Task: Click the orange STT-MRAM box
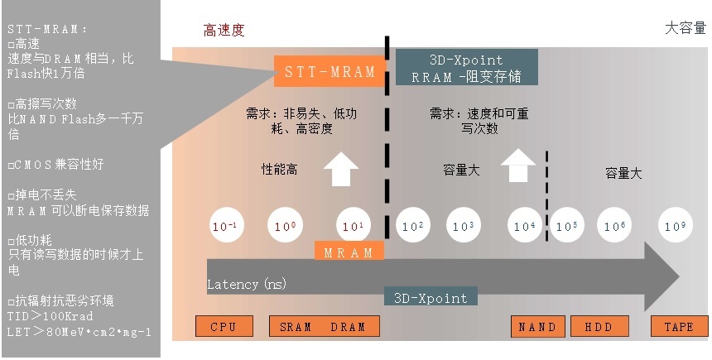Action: tap(330, 71)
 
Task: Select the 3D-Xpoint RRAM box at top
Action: tap(467, 67)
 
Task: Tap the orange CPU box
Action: tap(224, 326)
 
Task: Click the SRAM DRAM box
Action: tap(325, 326)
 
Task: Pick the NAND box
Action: tap(537, 326)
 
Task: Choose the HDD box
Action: tap(599, 326)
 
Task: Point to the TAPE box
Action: tap(680, 326)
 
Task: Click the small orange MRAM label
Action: tap(349, 252)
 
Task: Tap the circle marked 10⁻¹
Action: tap(227, 226)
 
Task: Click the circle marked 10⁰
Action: tap(285, 226)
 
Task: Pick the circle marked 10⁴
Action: tap(524, 226)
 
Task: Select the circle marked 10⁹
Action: tap(676, 226)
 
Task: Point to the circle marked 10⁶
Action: tap(614, 226)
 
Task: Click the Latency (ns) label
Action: tap(247, 285)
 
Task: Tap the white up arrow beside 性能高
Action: tap(341, 169)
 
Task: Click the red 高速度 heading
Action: tap(224, 30)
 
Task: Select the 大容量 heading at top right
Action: tap(686, 28)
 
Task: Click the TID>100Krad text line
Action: tap(50, 316)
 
